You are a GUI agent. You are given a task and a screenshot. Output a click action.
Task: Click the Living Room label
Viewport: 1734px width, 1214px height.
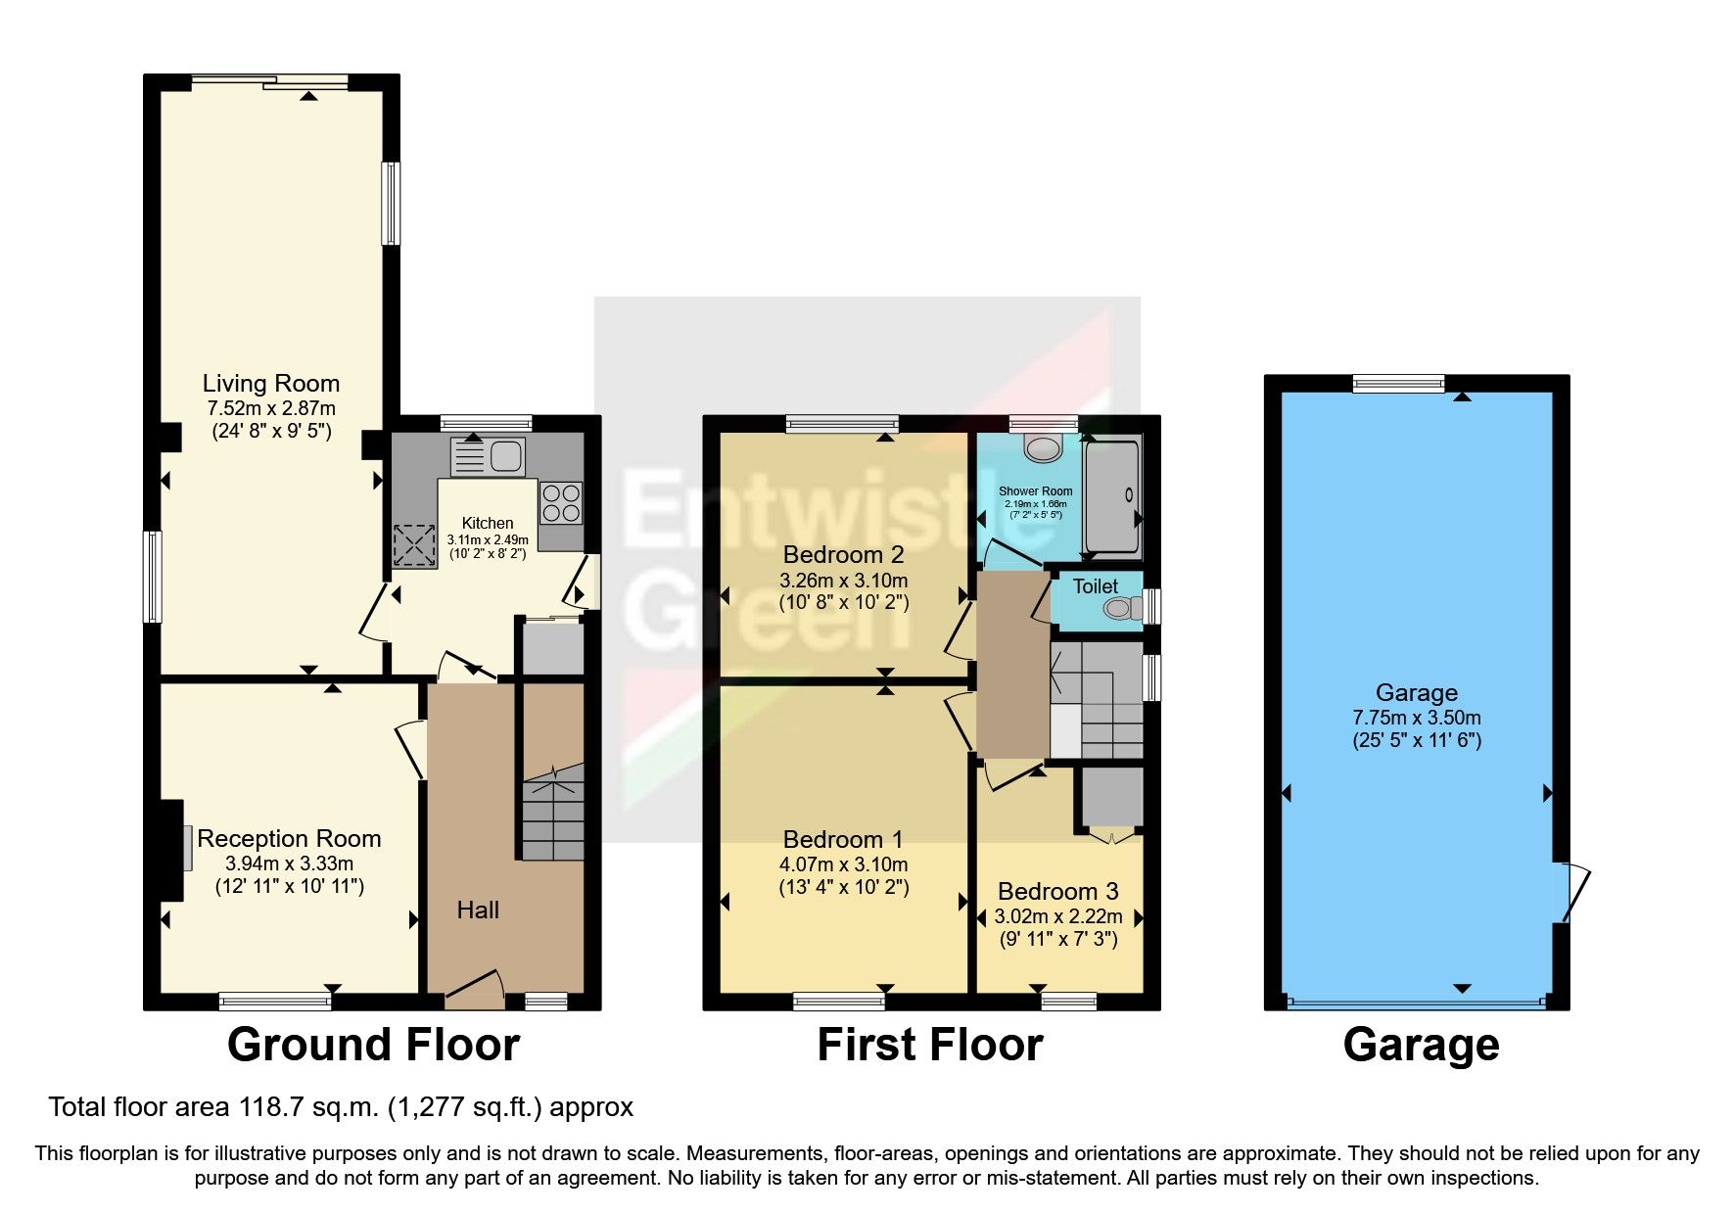point(270,384)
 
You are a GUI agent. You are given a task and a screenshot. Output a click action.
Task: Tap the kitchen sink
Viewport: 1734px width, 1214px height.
point(488,456)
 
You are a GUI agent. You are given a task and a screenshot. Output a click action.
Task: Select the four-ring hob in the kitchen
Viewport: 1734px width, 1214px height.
point(560,502)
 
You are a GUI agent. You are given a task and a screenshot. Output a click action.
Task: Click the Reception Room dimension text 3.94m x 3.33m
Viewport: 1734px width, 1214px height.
point(289,864)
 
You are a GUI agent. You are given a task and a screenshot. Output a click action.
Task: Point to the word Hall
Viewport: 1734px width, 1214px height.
point(478,910)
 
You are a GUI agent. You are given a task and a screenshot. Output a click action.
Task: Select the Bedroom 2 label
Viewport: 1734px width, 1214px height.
point(843,555)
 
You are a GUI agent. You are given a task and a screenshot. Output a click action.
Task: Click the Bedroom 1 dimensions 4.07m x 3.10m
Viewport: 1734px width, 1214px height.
point(843,864)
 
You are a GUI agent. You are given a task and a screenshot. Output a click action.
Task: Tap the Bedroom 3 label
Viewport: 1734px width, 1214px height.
point(1057,892)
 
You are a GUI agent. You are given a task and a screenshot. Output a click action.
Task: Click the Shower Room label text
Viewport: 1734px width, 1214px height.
point(1035,491)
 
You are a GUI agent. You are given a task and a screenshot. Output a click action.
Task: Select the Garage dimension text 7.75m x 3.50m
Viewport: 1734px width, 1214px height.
point(1416,718)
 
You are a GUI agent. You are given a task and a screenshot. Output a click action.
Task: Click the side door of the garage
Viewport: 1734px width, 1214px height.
point(1570,892)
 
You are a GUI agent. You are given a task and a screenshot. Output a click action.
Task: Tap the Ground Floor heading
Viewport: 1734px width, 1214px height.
point(373,1045)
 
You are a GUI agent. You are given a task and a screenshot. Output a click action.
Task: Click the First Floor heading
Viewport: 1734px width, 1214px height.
point(929,1045)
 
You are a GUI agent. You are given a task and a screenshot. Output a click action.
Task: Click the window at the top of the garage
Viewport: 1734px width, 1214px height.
point(1398,384)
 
